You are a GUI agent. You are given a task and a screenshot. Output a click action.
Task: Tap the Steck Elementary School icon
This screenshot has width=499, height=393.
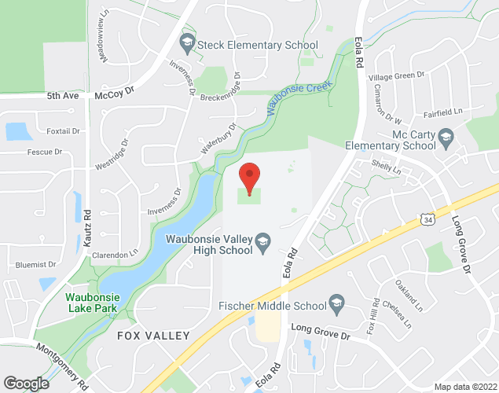click(x=187, y=42)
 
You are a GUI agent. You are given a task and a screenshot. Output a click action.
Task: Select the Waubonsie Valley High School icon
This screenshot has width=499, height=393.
click(x=263, y=240)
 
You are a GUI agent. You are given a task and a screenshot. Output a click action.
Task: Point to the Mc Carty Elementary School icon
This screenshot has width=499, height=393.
click(x=446, y=140)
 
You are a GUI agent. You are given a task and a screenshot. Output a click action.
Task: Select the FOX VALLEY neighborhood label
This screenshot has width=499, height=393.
click(x=153, y=336)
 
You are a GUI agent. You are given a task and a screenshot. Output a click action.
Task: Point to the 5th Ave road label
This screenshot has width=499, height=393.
click(x=63, y=95)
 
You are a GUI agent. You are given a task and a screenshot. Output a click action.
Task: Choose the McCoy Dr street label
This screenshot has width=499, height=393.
click(x=115, y=93)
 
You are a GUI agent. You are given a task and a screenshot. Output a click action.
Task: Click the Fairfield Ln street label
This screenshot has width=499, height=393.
click(x=448, y=112)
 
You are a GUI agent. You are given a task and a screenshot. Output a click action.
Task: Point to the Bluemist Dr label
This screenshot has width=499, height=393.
click(x=30, y=265)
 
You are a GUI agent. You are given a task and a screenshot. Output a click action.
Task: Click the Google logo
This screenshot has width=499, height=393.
click(x=25, y=383)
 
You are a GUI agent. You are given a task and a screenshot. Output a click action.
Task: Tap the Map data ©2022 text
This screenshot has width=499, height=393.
click(x=466, y=387)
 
